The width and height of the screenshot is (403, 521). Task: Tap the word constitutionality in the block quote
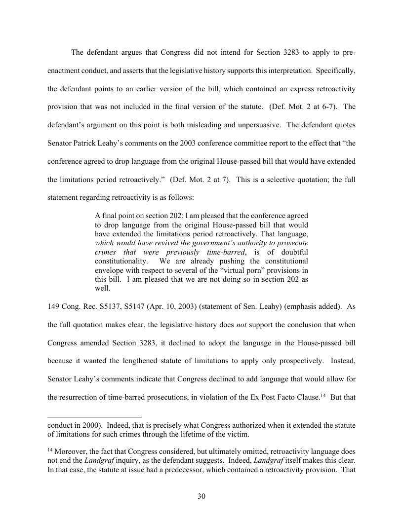[x=120, y=261]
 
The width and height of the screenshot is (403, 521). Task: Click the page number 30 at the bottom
[x=201, y=496]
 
